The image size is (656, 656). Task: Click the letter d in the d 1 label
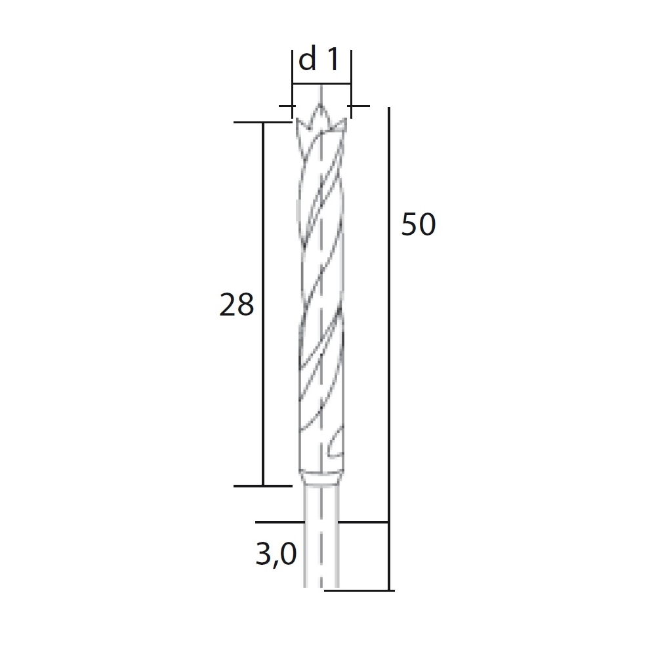307,60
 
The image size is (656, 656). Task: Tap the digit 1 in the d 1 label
333,60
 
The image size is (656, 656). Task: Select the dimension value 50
419,225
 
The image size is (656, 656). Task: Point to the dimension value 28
236,305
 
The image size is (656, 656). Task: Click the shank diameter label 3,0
276,556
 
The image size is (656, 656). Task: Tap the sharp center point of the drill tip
321,106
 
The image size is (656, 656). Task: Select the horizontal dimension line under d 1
321,83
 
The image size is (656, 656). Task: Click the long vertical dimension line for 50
390,348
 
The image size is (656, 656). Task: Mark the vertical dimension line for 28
263,305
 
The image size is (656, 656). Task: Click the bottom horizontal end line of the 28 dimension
262,485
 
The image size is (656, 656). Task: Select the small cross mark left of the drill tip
286,106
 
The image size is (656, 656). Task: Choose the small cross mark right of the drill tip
358,106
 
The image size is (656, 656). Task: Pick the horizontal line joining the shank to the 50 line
364,522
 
